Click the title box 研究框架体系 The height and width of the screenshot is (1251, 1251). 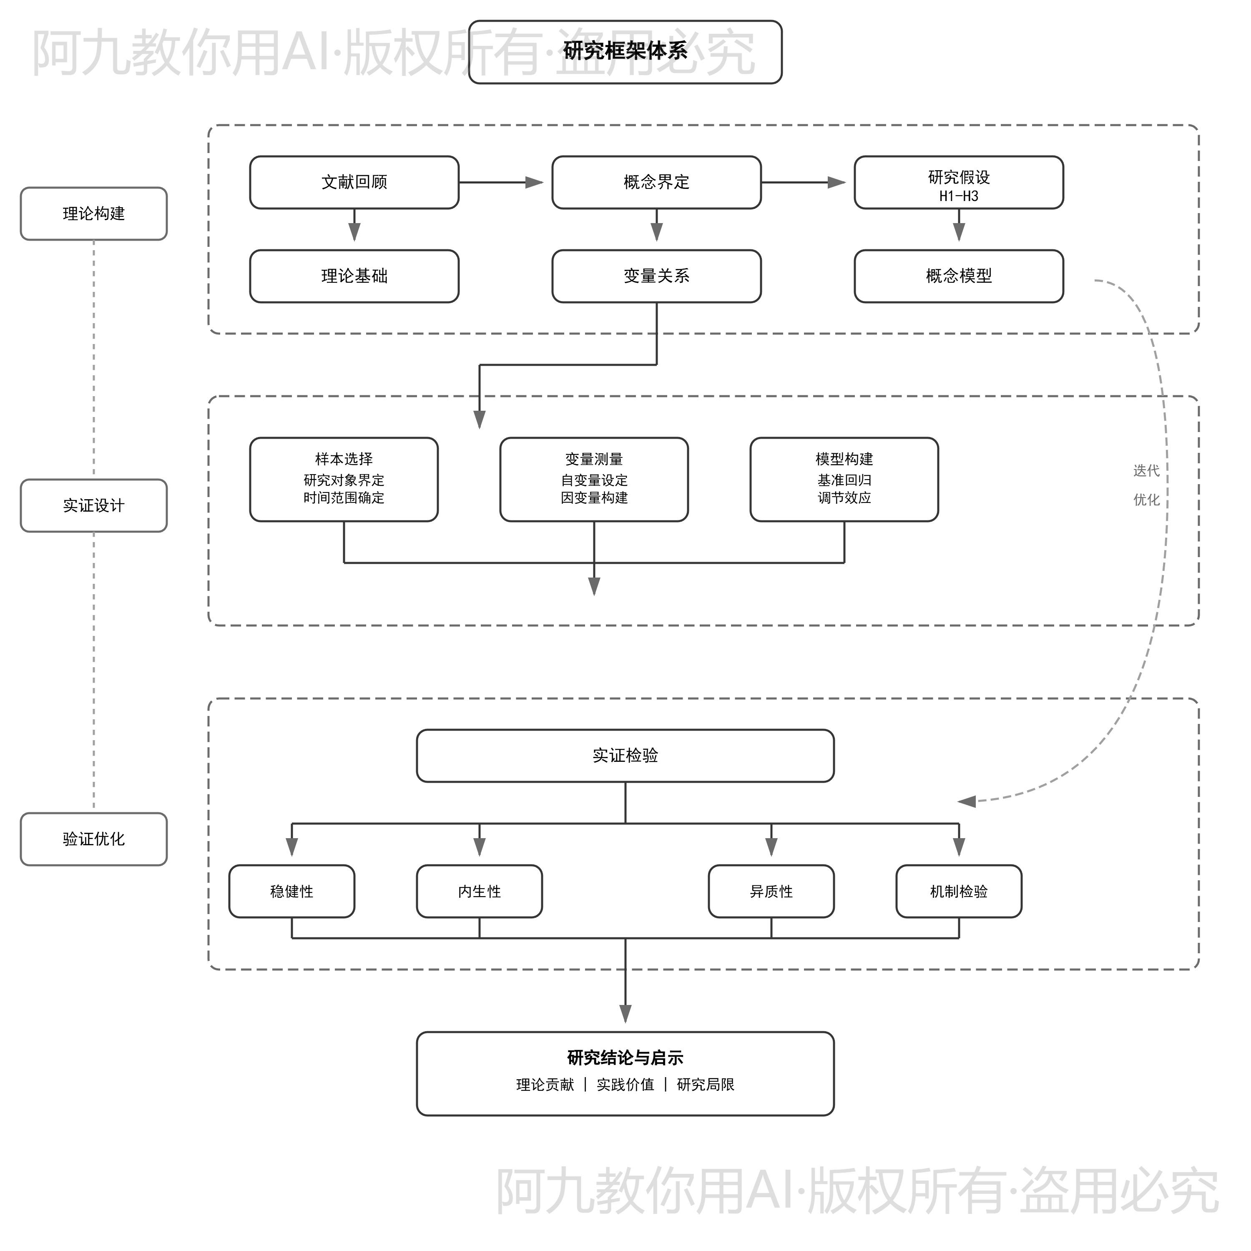[625, 52]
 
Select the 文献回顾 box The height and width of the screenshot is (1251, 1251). [354, 183]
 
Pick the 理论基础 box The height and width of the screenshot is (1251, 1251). [354, 276]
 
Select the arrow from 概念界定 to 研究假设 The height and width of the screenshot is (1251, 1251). [803, 183]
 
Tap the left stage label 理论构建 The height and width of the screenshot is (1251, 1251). [94, 214]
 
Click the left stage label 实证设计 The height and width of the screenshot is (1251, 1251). [94, 506]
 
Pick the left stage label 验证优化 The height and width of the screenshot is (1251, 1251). [94, 839]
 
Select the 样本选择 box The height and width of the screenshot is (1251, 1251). [344, 479]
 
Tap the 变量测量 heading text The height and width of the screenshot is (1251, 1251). [594, 459]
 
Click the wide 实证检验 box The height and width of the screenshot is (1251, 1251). [625, 756]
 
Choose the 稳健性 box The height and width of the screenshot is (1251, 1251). [291, 892]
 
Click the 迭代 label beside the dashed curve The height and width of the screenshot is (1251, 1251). [1145, 471]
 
